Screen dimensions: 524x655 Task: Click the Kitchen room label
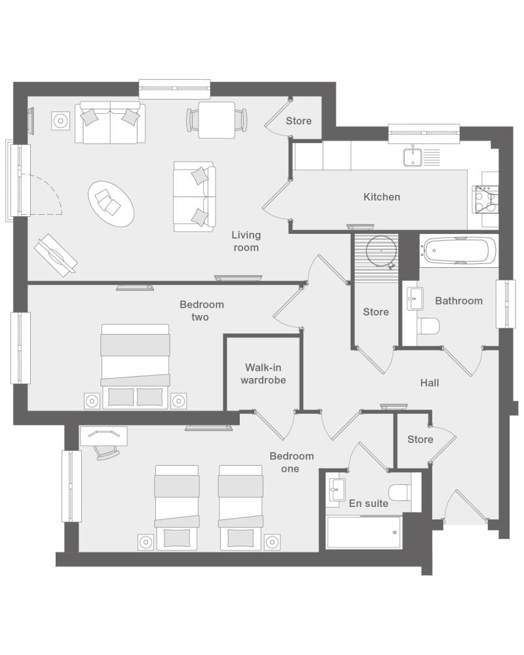(x=381, y=196)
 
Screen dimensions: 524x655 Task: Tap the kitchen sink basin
(x=413, y=157)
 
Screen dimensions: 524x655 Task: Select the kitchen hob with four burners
(x=485, y=200)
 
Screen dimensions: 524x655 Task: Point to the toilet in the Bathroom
(x=429, y=326)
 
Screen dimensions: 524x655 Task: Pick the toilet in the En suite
(x=399, y=493)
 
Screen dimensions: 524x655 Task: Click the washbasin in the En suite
(x=337, y=489)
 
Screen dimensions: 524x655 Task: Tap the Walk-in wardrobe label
(x=263, y=374)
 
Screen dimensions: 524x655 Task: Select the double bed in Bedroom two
(x=135, y=366)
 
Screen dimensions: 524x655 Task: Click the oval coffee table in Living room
(x=111, y=204)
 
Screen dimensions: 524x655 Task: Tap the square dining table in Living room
(x=216, y=121)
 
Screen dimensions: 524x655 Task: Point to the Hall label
(x=430, y=383)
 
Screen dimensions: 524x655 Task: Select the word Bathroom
(x=458, y=301)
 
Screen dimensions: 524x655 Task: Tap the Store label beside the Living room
(x=299, y=121)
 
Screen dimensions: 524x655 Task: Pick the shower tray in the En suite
(x=364, y=532)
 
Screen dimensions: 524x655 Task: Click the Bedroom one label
(x=291, y=462)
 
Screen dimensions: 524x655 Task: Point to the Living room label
(x=246, y=241)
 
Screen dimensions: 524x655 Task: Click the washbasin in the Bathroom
(x=415, y=298)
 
